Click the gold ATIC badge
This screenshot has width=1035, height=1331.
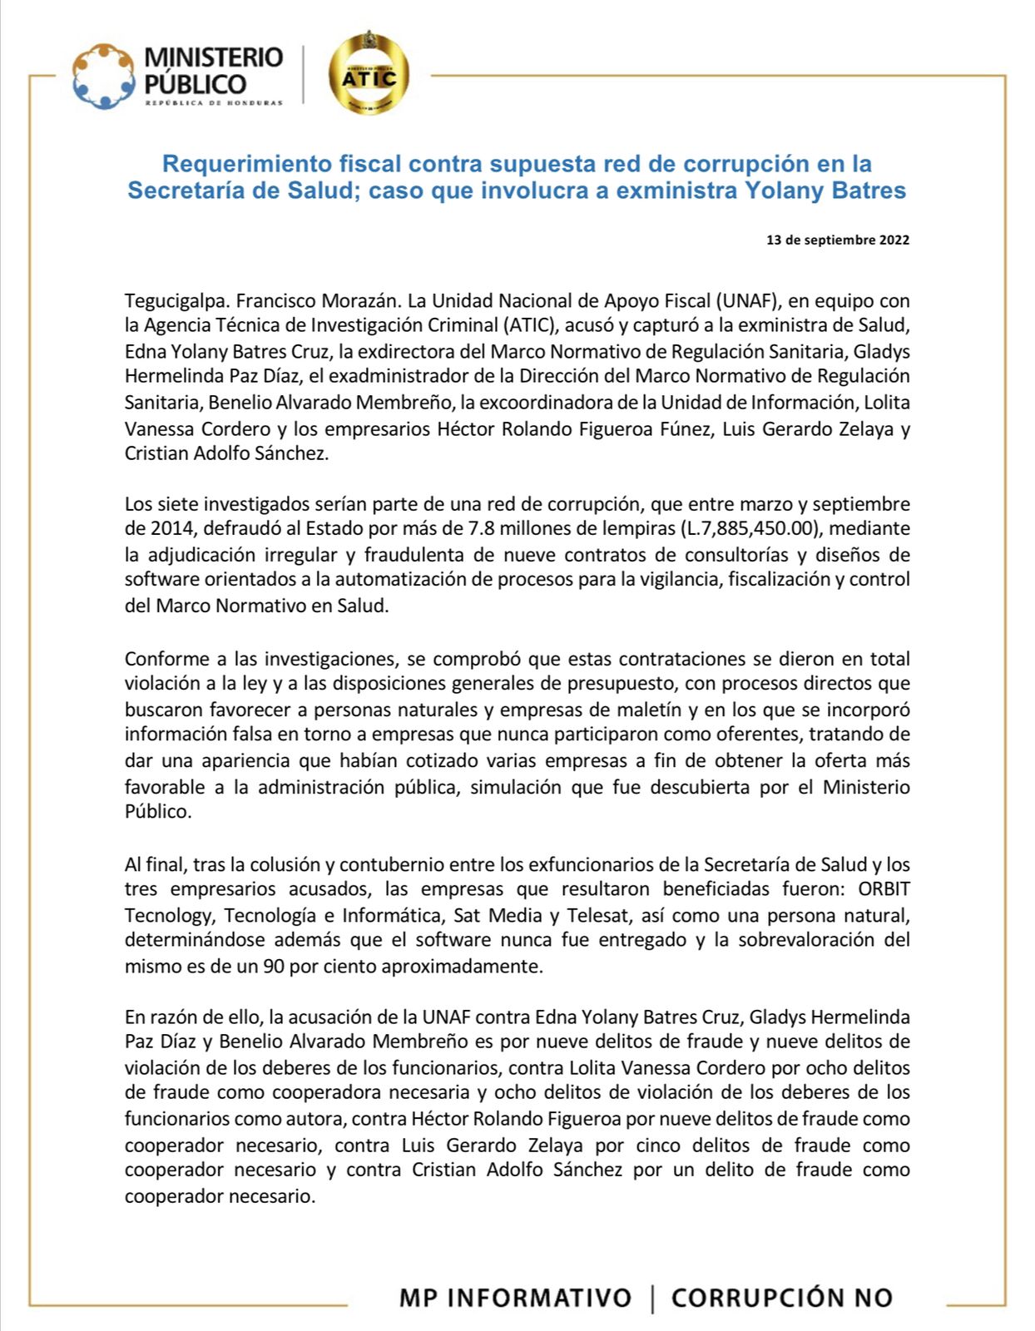pyautogui.click(x=368, y=73)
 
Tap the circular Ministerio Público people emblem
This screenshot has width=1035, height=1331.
pyautogui.click(x=103, y=76)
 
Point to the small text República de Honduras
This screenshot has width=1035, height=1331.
pyautogui.click(x=213, y=103)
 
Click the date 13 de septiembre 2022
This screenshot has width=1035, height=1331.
pyautogui.click(x=837, y=240)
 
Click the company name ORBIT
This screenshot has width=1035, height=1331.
pyautogui.click(x=884, y=889)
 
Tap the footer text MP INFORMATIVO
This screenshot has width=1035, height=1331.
pyautogui.click(x=515, y=1298)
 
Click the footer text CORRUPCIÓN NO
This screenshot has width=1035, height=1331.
pyautogui.click(x=781, y=1298)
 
